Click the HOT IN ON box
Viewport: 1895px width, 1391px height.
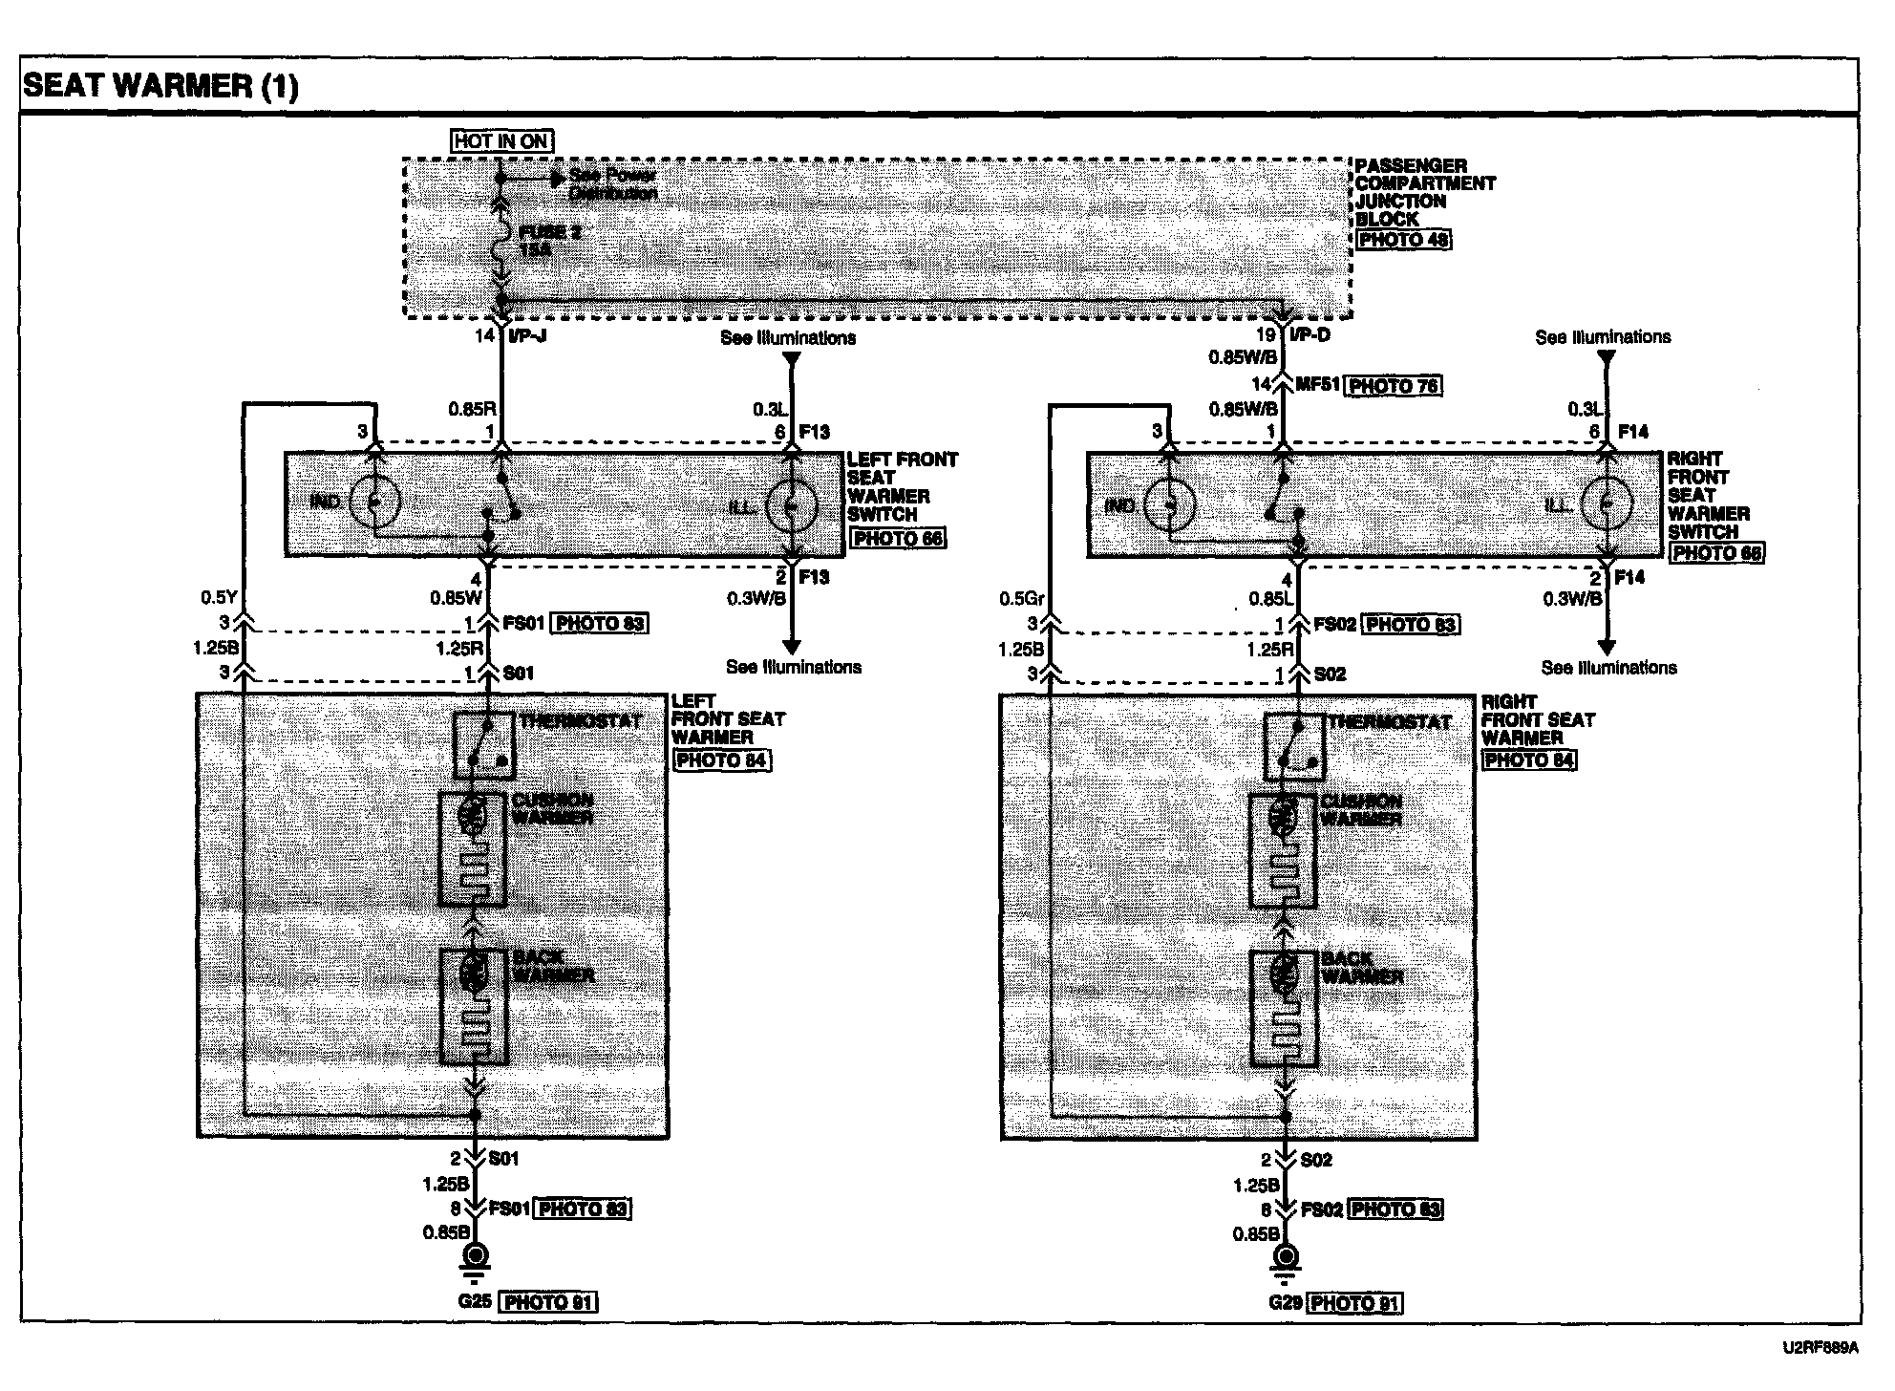(501, 141)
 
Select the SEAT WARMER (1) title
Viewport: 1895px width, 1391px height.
(160, 86)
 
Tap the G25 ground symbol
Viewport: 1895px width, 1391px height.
(474, 1258)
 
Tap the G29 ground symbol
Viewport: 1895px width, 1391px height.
(1287, 1258)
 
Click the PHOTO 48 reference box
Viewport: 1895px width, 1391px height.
(1403, 239)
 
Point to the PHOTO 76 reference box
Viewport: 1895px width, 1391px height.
(1393, 386)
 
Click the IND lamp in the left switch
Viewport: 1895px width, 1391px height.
(374, 502)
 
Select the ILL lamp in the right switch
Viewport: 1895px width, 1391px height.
(1607, 503)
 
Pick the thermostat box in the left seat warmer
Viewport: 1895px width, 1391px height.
(483, 746)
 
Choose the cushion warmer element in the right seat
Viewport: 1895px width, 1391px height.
(1283, 850)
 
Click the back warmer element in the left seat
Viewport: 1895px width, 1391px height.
(473, 1006)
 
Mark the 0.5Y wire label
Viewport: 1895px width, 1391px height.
(218, 597)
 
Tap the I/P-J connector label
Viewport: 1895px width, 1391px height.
(527, 335)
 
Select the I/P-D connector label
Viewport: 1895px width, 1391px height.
(1309, 335)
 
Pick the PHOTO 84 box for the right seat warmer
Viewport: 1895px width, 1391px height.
(1529, 760)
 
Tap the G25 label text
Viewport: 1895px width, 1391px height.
(473, 1301)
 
